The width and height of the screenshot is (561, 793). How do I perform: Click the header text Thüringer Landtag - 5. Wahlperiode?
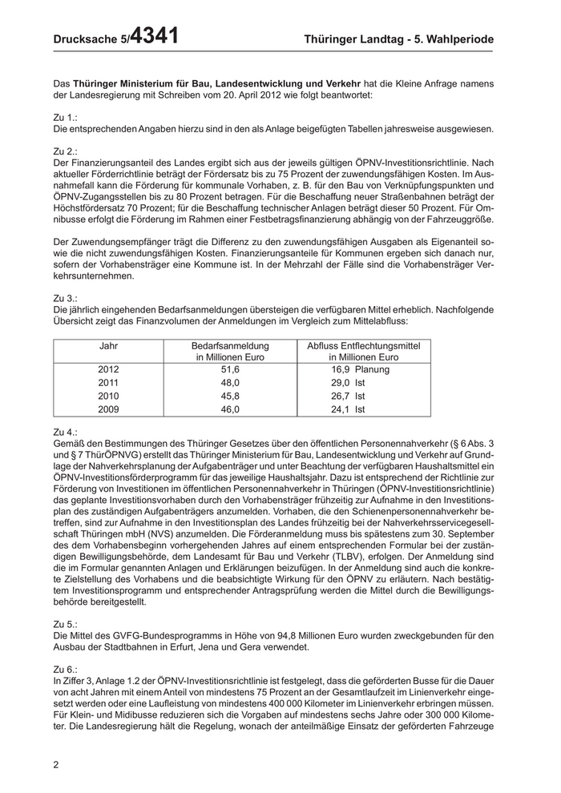(x=399, y=39)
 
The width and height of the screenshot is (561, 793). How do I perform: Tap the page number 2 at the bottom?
(x=56, y=764)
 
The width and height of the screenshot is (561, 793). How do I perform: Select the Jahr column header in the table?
(x=108, y=345)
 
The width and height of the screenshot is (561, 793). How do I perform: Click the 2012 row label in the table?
(x=108, y=369)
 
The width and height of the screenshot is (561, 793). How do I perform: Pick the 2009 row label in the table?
(x=108, y=409)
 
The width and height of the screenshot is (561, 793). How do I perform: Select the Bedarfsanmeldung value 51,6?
(x=230, y=369)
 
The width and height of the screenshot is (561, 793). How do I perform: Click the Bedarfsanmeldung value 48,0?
(x=230, y=383)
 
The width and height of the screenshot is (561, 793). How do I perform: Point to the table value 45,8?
(x=230, y=396)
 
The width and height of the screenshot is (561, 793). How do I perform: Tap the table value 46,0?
(x=230, y=409)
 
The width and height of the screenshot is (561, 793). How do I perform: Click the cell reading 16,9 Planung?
(x=360, y=369)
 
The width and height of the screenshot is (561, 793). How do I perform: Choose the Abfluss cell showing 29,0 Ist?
(x=349, y=383)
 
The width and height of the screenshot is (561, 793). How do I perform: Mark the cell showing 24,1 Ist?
(x=349, y=409)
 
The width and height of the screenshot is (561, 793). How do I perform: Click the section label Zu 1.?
(x=65, y=117)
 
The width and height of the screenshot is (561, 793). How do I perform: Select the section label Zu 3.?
(x=65, y=297)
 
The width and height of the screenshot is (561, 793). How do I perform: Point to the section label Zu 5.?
(x=65, y=622)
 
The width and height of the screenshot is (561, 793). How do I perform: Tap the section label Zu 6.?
(x=65, y=668)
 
